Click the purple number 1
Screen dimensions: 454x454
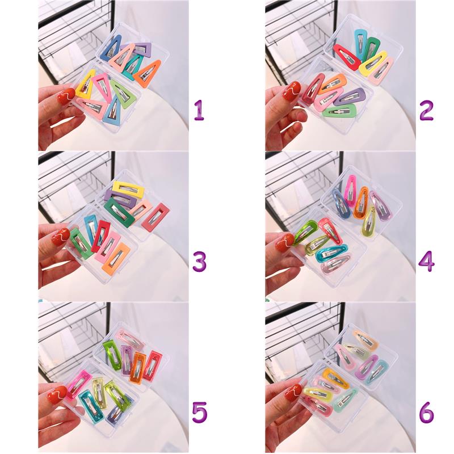(199, 110)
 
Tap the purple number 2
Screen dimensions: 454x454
(426, 110)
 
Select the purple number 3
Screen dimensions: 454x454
(200, 261)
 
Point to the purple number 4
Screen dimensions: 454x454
(427, 261)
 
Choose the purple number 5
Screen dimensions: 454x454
(200, 413)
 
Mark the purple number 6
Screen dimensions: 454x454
(427, 413)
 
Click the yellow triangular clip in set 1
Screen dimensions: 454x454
(85, 84)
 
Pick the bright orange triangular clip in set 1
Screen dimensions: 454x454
(148, 73)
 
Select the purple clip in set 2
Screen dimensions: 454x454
(350, 96)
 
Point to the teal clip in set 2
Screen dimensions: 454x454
(360, 45)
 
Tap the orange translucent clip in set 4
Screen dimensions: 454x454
(361, 202)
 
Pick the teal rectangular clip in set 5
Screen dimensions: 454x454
(89, 406)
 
